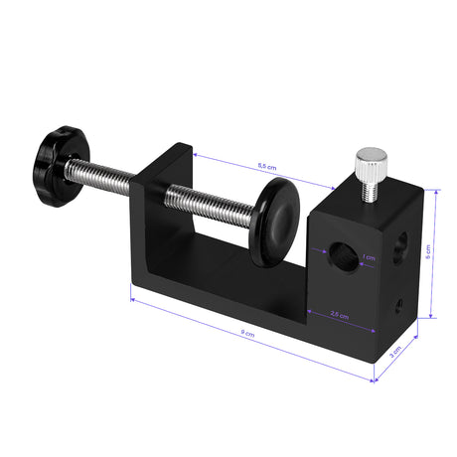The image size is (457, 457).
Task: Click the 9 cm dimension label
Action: pos(247,335)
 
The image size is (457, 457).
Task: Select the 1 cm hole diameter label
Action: pos(369,257)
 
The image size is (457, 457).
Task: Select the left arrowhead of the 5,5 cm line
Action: pos(195,154)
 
